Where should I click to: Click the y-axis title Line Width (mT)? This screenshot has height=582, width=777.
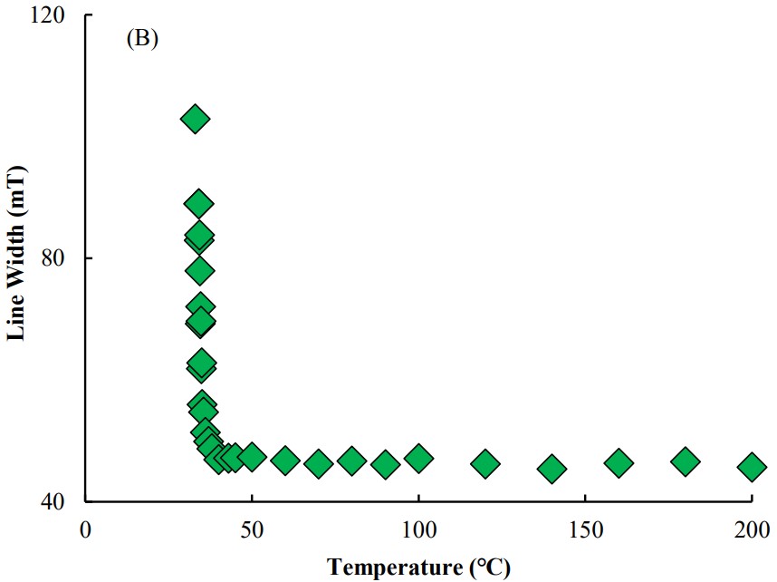click(x=15, y=253)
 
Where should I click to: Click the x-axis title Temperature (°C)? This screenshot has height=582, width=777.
click(x=418, y=567)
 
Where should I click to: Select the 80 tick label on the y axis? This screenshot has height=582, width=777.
click(x=63, y=258)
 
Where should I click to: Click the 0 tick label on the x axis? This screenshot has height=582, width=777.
click(x=85, y=529)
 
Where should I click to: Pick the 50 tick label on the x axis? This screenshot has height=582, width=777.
click(x=252, y=529)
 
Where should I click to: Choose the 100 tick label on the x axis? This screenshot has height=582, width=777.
click(x=418, y=529)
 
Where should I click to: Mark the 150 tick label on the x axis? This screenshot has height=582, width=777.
click(x=585, y=529)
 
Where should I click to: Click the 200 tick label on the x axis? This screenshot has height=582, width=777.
click(x=751, y=529)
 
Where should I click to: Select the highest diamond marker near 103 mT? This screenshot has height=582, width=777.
click(x=195, y=119)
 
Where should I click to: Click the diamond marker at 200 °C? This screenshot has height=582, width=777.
click(x=752, y=467)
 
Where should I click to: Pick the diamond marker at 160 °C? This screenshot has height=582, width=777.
click(x=619, y=463)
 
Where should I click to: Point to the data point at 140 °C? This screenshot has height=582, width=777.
click(x=552, y=469)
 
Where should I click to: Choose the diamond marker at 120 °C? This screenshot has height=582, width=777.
click(x=485, y=464)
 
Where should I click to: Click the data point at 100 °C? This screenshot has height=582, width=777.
click(x=418, y=458)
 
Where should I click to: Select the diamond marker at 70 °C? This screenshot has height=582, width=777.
click(x=319, y=464)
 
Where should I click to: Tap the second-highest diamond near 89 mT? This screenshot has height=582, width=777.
click(x=198, y=203)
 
